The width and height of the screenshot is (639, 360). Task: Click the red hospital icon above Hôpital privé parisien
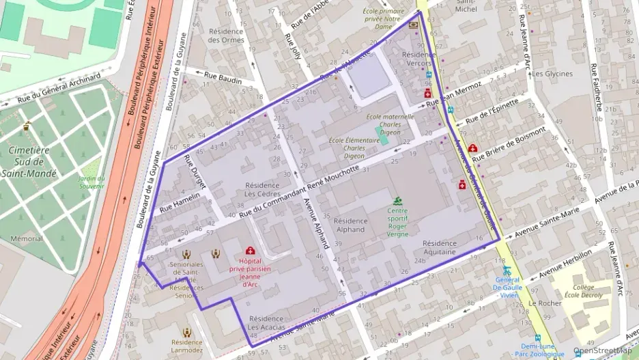(x=250, y=251)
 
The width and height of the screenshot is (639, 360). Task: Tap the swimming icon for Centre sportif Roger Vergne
(x=397, y=201)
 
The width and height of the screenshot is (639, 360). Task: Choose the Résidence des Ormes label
(x=226, y=36)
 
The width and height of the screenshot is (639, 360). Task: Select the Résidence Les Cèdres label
(x=262, y=189)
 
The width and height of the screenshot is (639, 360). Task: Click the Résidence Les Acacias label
(x=270, y=323)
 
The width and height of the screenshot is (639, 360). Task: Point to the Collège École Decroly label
(x=583, y=291)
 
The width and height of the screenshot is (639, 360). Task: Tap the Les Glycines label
(x=552, y=74)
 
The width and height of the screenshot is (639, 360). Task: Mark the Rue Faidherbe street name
(x=597, y=87)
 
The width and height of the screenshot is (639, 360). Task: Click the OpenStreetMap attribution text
(x=602, y=351)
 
